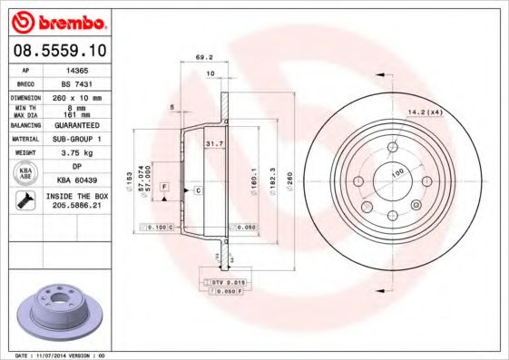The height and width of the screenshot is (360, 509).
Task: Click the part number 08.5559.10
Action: (x=56, y=51)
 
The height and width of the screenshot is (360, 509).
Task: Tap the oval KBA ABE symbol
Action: (x=25, y=174)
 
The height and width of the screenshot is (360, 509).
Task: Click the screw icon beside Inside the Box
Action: (x=24, y=201)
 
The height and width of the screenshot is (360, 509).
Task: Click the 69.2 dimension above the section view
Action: (x=204, y=57)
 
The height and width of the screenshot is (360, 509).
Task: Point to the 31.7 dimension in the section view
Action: (x=214, y=143)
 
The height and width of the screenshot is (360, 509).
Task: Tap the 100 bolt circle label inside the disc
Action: (x=396, y=172)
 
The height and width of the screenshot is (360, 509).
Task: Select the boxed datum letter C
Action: (x=197, y=190)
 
